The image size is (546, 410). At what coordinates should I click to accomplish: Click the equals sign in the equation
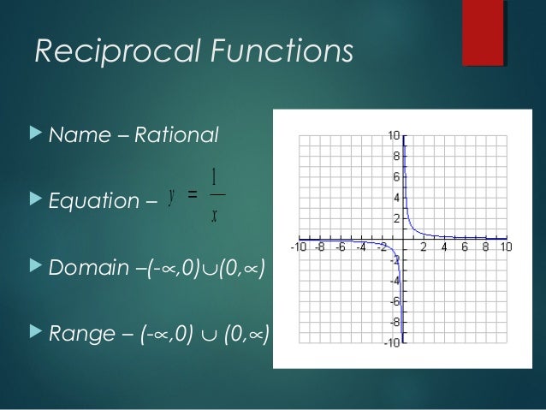(193, 196)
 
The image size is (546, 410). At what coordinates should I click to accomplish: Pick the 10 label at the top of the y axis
(394, 135)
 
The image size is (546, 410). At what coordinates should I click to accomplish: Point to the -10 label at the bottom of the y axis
(391, 343)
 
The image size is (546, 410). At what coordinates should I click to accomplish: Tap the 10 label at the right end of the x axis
(506, 248)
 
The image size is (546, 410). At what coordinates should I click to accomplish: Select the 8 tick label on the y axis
(396, 156)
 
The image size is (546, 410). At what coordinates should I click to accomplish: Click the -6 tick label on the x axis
(341, 248)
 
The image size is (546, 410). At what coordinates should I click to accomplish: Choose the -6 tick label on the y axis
(395, 301)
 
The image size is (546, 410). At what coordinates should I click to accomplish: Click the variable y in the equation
(172, 195)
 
